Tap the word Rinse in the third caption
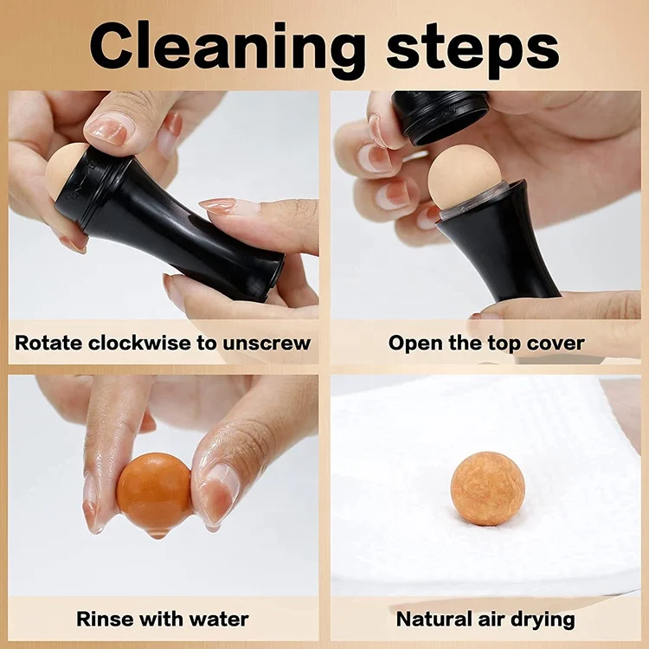[105, 619]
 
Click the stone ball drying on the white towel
[487, 488]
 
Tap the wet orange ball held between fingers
[154, 492]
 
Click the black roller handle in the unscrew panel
[190, 234]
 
